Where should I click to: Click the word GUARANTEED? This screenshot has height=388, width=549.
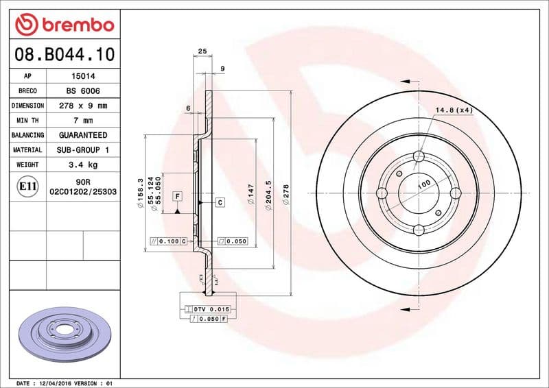(x=82, y=135)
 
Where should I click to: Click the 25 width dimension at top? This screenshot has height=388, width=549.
(x=202, y=51)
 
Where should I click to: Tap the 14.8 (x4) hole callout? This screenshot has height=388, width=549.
(x=454, y=110)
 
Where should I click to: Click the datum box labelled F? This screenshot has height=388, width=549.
(x=177, y=197)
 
